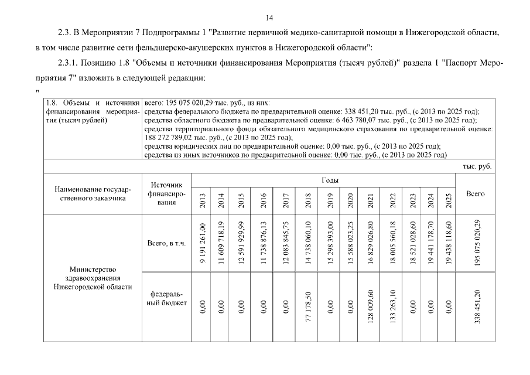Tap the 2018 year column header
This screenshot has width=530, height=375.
[x=308, y=199]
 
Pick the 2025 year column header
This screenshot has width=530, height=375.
[x=449, y=199]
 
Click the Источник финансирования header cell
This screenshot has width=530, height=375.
[x=166, y=194]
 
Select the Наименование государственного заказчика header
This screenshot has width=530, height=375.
[x=93, y=194]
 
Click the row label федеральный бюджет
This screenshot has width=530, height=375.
[x=166, y=298]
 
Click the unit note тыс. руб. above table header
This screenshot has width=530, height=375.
[x=477, y=166]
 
